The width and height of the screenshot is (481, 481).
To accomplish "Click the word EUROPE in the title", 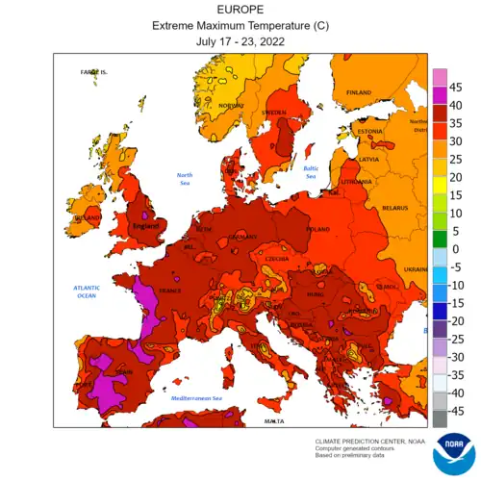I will tap(240, 10).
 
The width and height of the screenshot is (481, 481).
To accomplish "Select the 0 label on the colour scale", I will tap(456, 249).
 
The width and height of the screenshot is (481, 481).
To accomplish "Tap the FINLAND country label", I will tap(358, 92).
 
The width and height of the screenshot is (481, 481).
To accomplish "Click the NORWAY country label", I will tap(232, 106).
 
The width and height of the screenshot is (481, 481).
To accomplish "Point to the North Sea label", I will tap(185, 179).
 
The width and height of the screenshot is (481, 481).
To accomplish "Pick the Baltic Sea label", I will tap(311, 172).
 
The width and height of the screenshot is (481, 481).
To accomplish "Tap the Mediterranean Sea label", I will tap(196, 397).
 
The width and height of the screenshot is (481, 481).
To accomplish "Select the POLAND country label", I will tap(316, 231).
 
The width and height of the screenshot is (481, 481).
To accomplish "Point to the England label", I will tap(144, 226).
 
